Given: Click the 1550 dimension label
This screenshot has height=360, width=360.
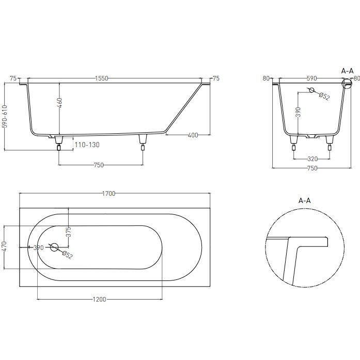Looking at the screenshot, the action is (x=101, y=79).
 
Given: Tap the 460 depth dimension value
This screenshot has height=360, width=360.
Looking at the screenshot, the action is (x=59, y=103).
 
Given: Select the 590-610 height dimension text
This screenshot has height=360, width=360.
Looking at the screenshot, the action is (x=5, y=116).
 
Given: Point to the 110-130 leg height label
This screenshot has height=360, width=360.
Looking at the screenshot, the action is (x=87, y=145).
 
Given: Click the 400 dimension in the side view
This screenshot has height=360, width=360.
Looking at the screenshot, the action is (x=193, y=135).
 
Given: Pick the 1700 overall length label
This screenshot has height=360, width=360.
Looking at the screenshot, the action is (x=108, y=194).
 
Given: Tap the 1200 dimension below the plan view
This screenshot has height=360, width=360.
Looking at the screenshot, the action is (x=99, y=299).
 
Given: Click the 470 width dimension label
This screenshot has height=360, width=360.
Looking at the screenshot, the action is (x=5, y=246).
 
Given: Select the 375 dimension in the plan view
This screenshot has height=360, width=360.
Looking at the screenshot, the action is (x=68, y=232).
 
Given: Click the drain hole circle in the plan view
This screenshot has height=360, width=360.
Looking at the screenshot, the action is (x=54, y=247).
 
